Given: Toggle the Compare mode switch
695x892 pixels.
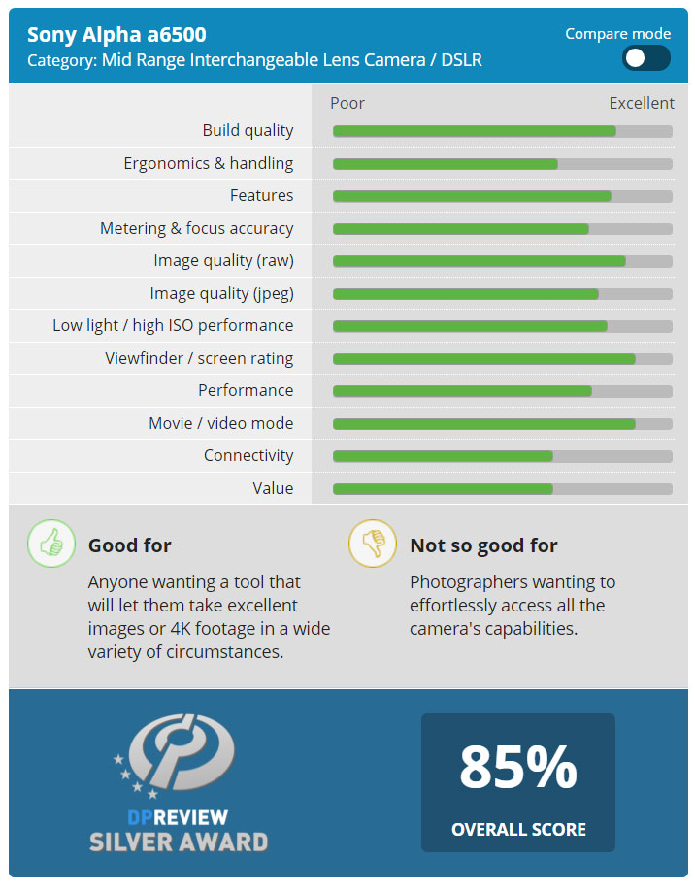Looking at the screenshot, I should point(645,58).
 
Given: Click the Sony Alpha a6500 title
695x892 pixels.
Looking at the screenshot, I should point(116,35).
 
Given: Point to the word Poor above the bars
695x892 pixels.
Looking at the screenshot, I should point(347,103).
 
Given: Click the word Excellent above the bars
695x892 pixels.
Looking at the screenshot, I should point(641,103).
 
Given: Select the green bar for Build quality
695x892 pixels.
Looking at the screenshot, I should point(474,131).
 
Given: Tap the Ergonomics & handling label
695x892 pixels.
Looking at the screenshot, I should point(208,163).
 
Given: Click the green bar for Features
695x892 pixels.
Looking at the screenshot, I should point(472,196).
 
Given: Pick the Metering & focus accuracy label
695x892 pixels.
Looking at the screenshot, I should point(196,228).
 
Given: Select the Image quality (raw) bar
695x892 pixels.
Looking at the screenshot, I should point(479,261).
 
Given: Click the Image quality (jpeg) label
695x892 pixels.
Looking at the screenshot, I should point(221,293).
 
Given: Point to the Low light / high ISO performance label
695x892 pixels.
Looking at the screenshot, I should point(173,325).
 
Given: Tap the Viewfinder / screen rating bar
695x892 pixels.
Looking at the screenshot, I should point(483,359).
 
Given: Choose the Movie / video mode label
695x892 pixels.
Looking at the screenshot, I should point(220,423).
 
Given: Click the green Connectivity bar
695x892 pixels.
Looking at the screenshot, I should point(443,456).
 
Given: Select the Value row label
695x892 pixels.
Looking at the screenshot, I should point(273,488).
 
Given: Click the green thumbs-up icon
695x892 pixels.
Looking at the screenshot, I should point(50,544).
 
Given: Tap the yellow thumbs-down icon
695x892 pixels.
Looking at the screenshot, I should point(373,544).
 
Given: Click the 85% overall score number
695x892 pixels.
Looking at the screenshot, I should point(517,767).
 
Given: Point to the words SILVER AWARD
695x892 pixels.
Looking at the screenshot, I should point(179,842).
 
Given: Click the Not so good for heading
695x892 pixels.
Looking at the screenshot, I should point(483,545).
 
